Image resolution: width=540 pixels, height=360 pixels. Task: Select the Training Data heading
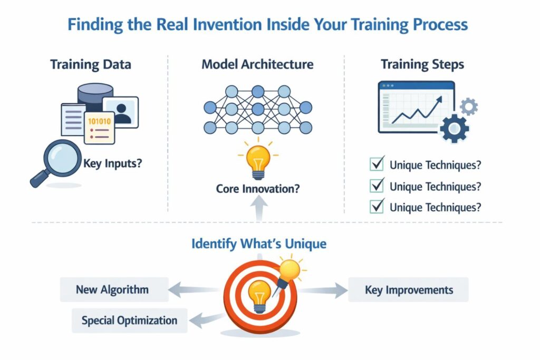91,65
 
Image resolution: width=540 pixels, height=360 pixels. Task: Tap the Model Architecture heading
257,65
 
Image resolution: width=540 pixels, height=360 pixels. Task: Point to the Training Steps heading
422,65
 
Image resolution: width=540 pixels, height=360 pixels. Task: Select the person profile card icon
121,112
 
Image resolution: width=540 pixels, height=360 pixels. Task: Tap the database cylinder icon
95,95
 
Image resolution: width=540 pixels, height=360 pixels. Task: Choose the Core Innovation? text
258,188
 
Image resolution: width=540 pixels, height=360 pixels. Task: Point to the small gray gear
468,107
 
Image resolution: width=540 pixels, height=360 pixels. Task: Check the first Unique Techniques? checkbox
377,165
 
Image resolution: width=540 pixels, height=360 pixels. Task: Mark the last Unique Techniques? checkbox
377,207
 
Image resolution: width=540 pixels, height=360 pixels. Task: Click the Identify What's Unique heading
258,244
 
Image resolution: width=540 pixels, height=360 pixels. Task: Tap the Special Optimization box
129,320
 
